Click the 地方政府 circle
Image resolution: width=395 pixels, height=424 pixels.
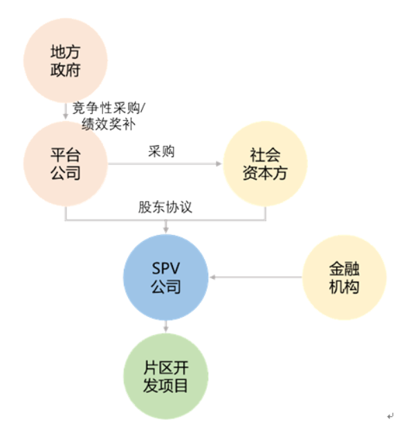66,61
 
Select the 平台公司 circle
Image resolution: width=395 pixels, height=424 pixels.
66,164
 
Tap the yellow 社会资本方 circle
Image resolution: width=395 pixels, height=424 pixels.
265,164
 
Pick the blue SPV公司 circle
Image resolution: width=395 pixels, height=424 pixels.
166,277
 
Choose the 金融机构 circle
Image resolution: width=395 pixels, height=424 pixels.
344,278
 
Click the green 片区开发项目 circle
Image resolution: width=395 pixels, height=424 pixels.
166,375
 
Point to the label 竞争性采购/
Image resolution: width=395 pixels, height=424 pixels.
109,109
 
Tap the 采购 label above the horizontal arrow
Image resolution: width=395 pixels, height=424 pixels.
160,151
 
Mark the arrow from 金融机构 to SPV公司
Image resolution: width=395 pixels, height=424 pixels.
256,278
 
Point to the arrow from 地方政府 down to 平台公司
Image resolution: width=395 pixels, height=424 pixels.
66,110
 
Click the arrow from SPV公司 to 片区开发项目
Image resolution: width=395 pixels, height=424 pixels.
166,326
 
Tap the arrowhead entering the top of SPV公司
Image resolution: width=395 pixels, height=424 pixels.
166,230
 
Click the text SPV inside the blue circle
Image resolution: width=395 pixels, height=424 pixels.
166,268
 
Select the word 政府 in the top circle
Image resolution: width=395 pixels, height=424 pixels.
66,70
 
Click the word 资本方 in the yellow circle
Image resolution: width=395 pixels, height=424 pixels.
265,173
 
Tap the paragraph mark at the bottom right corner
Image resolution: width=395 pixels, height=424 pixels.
389,416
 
